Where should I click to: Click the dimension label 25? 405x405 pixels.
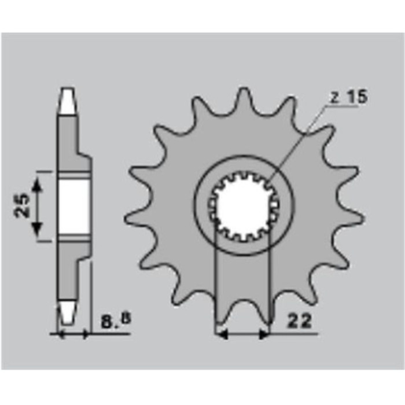click(x=21, y=205)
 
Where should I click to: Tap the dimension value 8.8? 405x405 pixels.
click(x=116, y=321)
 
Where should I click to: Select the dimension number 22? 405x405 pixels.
click(x=300, y=321)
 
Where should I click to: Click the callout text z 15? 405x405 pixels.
click(x=349, y=97)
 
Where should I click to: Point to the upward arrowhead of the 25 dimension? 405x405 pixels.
click(x=37, y=185)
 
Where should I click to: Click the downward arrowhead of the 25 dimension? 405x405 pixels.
click(x=37, y=229)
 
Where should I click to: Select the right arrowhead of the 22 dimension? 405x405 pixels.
click(x=264, y=335)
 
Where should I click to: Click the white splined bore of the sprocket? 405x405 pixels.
click(x=243, y=205)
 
